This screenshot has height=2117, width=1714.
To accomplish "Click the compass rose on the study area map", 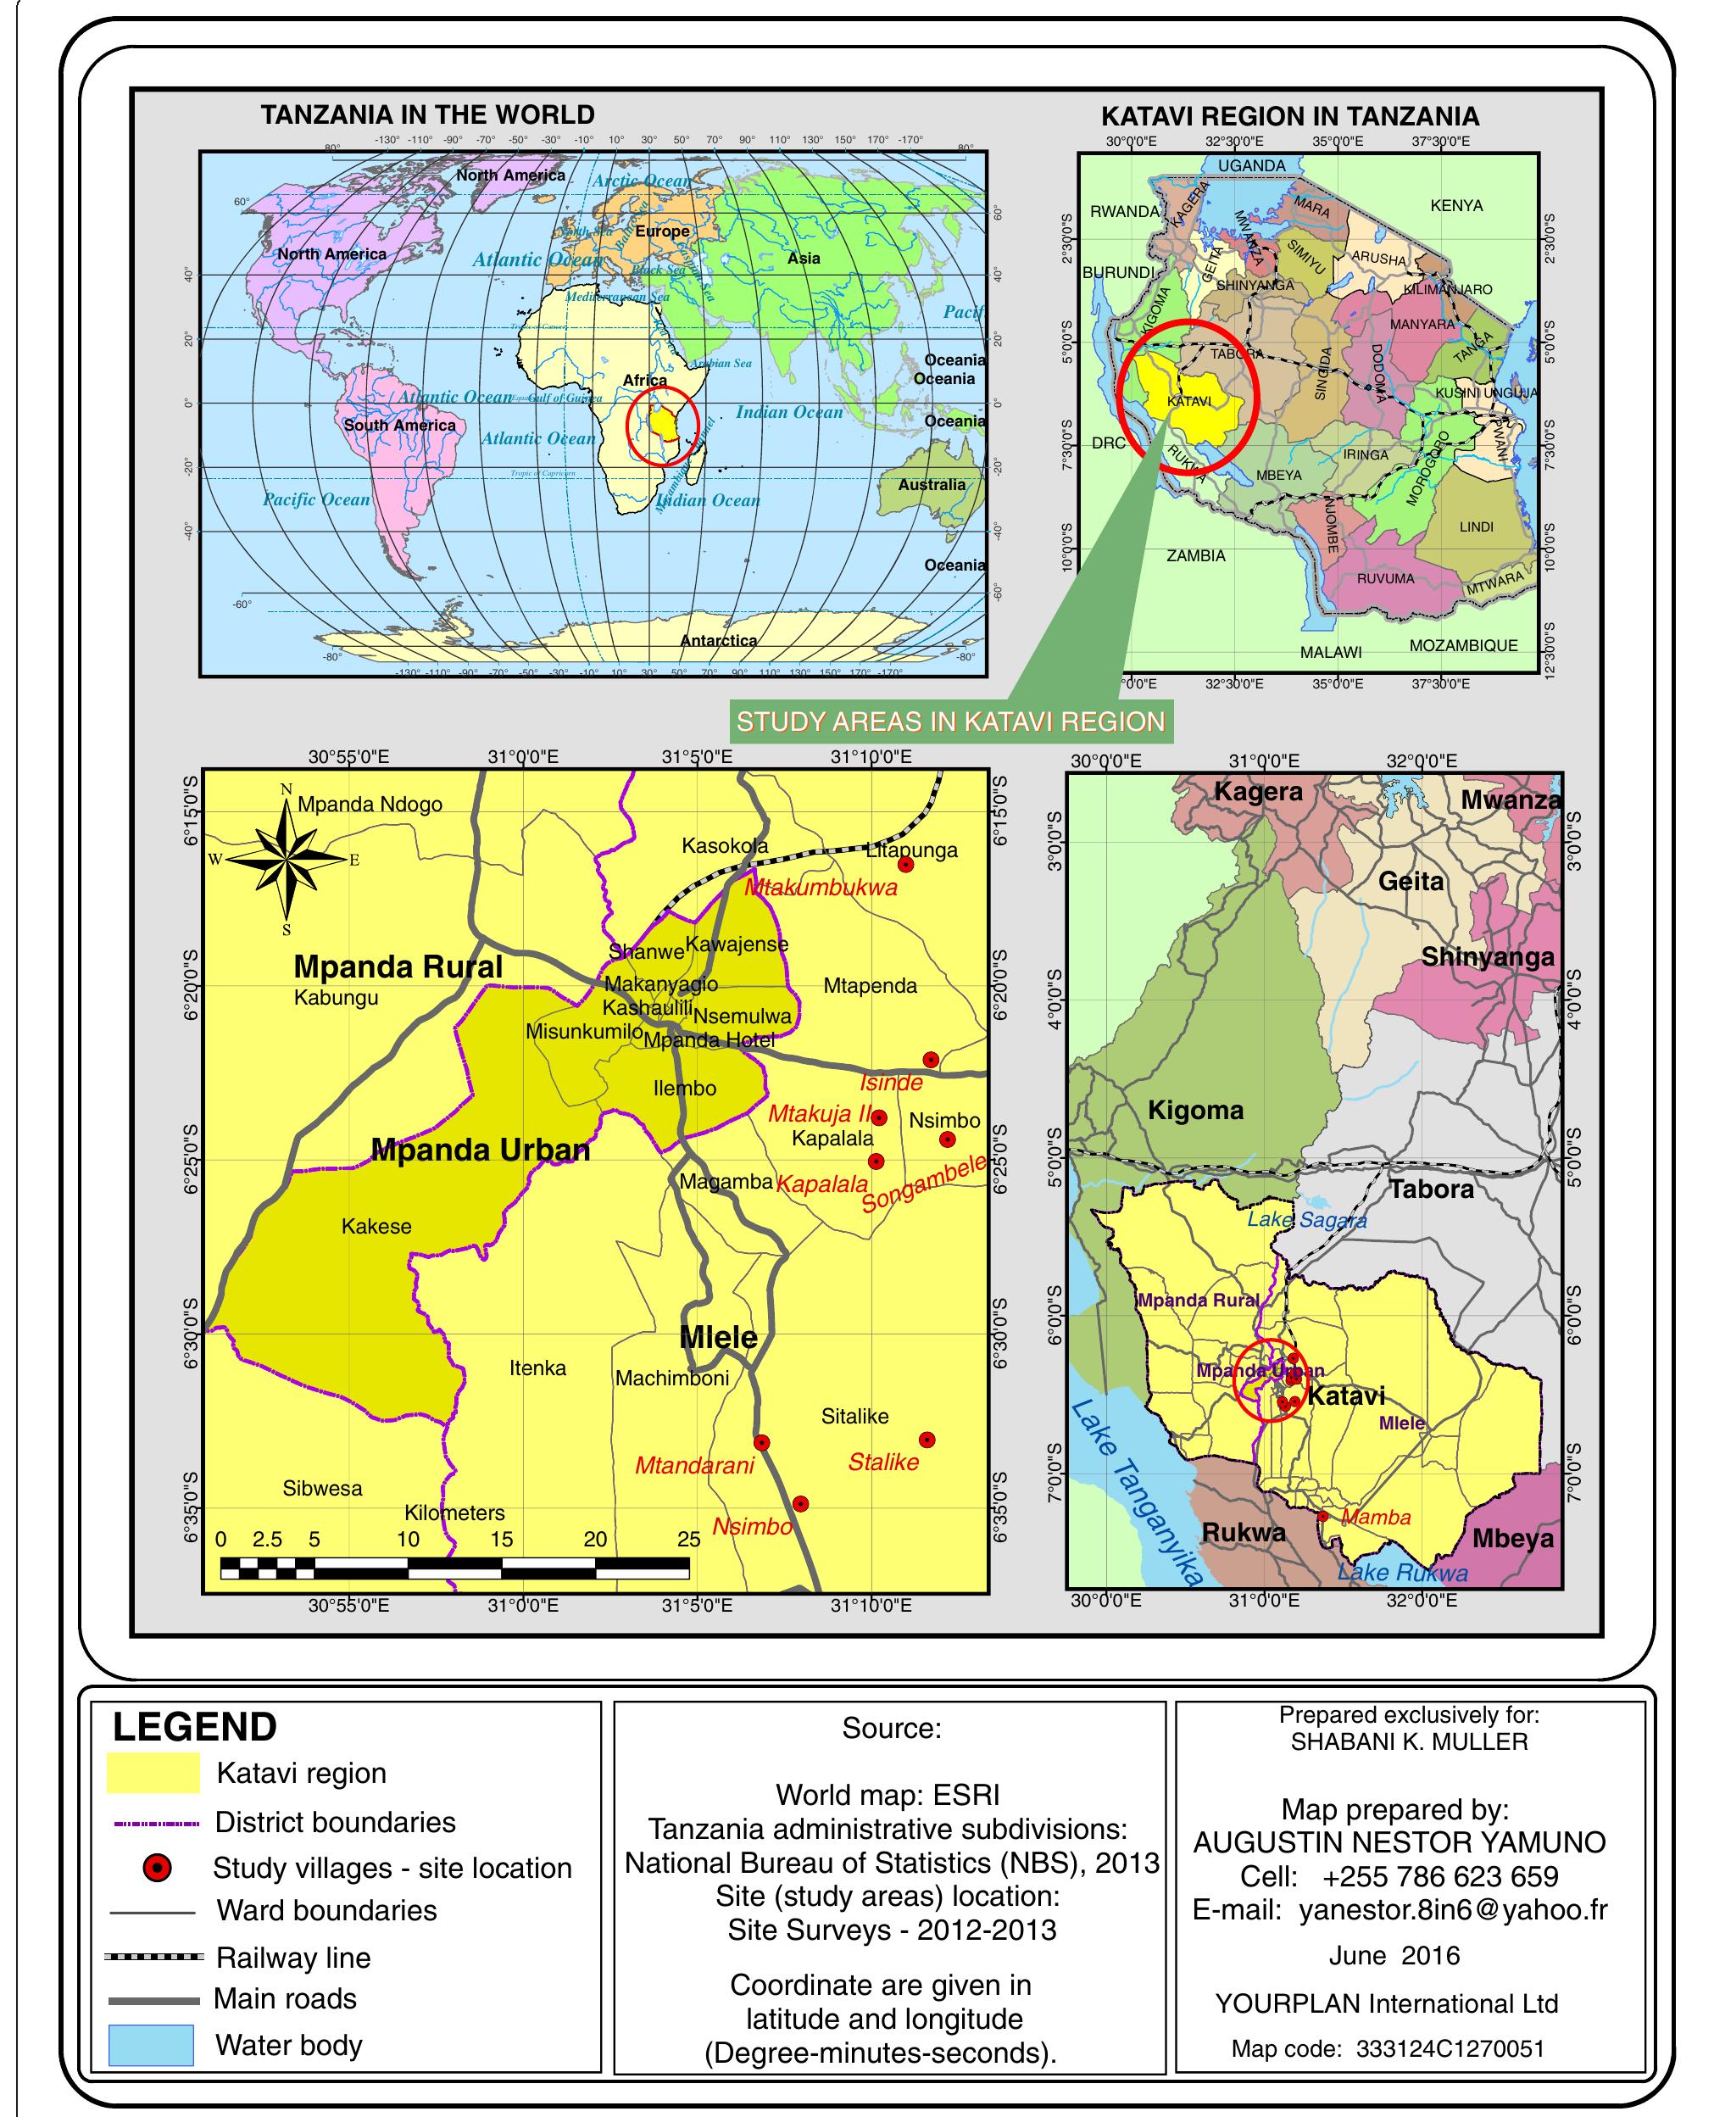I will click(287, 858).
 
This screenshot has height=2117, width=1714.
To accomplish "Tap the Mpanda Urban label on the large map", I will click(480, 1150).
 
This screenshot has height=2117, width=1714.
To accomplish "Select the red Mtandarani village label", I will click(694, 1465).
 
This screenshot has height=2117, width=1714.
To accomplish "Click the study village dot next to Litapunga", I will click(905, 865).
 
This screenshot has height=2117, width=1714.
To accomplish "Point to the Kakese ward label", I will click(376, 1226).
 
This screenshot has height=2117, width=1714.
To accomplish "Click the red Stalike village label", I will click(882, 1462).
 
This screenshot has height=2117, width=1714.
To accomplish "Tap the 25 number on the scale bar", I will click(688, 1539).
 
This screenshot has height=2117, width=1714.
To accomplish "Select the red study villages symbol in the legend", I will click(157, 1867).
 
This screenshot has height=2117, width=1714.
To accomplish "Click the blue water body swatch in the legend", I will click(150, 2044).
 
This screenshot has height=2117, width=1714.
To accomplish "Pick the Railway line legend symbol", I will click(153, 1956).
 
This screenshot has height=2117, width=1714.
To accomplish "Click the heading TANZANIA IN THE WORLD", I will click(427, 114).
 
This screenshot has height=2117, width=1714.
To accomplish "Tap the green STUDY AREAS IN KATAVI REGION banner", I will click(951, 721).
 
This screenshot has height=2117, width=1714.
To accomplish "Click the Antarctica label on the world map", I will click(718, 640).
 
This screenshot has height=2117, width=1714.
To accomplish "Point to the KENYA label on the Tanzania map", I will click(1455, 205).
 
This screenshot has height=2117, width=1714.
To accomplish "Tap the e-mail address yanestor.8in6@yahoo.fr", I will click(1452, 1909).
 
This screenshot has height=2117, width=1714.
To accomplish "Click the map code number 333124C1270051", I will click(1450, 2047).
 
